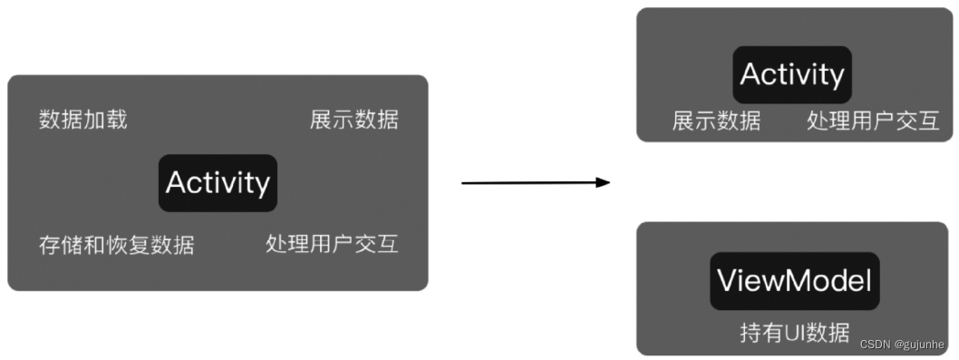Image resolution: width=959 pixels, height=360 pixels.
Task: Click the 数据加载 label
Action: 83,120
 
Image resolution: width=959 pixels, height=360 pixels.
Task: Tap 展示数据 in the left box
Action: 354,120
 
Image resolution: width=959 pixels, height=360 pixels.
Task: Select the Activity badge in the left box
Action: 218,183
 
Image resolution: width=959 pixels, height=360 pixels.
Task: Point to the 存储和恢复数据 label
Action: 116,245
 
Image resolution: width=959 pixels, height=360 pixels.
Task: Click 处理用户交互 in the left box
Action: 332,244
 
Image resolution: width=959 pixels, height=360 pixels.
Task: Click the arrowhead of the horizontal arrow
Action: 603,182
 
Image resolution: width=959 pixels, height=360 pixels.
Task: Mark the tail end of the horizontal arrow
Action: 464,183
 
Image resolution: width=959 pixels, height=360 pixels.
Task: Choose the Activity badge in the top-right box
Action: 792,74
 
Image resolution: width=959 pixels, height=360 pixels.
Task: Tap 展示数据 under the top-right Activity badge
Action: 716,122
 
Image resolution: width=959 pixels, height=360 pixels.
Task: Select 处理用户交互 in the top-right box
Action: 873,122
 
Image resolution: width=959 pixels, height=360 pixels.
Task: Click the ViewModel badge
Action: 794,281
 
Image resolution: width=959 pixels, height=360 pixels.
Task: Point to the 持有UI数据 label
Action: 795,332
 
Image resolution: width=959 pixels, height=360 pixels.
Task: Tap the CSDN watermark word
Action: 877,345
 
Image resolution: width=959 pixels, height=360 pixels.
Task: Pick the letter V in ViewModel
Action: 726,281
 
